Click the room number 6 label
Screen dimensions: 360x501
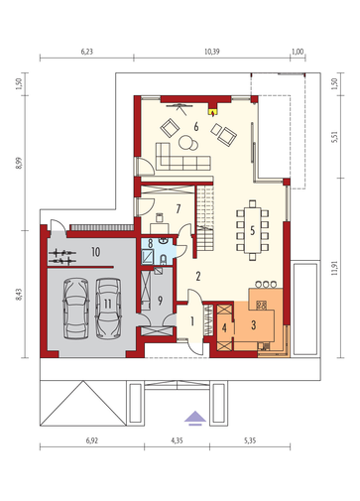(196, 126)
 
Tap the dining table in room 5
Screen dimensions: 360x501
(253, 230)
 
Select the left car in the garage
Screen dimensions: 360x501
(76, 309)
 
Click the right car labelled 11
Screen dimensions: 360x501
(108, 309)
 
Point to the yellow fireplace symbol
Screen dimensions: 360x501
(213, 112)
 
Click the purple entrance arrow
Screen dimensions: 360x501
(195, 418)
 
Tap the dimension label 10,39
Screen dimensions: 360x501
(212, 52)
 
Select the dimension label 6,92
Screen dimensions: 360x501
(92, 440)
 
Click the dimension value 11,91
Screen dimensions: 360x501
(334, 268)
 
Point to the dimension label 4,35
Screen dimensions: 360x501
(177, 440)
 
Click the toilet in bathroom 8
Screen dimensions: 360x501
(164, 260)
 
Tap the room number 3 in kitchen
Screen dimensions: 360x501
(254, 325)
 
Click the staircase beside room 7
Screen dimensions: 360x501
(205, 218)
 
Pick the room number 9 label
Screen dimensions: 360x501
(160, 301)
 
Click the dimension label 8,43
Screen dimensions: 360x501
(20, 295)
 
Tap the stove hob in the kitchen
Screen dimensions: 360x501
(262, 305)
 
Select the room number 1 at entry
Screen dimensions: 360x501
(192, 321)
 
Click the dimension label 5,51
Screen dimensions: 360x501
(334, 137)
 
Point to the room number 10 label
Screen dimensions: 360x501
(95, 252)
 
